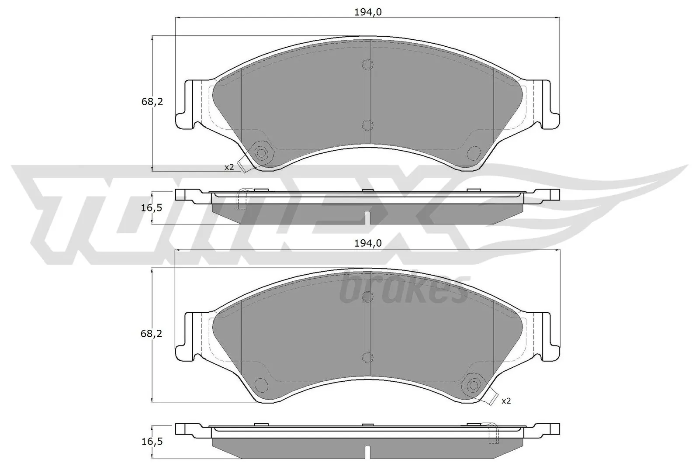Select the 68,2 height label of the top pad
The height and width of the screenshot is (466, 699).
pyautogui.click(x=152, y=102)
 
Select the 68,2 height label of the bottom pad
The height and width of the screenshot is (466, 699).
pyautogui.click(x=152, y=334)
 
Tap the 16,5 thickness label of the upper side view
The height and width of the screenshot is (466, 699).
pyautogui.click(x=152, y=208)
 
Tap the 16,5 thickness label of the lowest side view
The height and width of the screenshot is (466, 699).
pyautogui.click(x=152, y=442)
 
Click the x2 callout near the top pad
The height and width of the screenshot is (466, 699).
pyautogui.click(x=229, y=167)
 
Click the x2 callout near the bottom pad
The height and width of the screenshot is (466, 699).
pyautogui.click(x=506, y=400)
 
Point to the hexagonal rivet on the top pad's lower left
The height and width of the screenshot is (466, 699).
pyautogui.click(x=261, y=152)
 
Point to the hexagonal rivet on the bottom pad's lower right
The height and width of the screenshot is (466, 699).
pyautogui.click(x=473, y=385)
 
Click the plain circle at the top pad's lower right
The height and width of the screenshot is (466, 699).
pyautogui.click(x=473, y=152)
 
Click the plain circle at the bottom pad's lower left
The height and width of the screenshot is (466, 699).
pyautogui.click(x=261, y=385)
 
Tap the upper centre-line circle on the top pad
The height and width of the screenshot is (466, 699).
pyautogui.click(x=368, y=64)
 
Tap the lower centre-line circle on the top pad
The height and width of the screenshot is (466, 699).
pyautogui.click(x=368, y=125)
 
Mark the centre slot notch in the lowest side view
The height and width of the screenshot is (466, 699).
pyautogui.click(x=368, y=451)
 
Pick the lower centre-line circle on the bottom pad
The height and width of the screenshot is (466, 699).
pyautogui.click(x=368, y=357)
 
